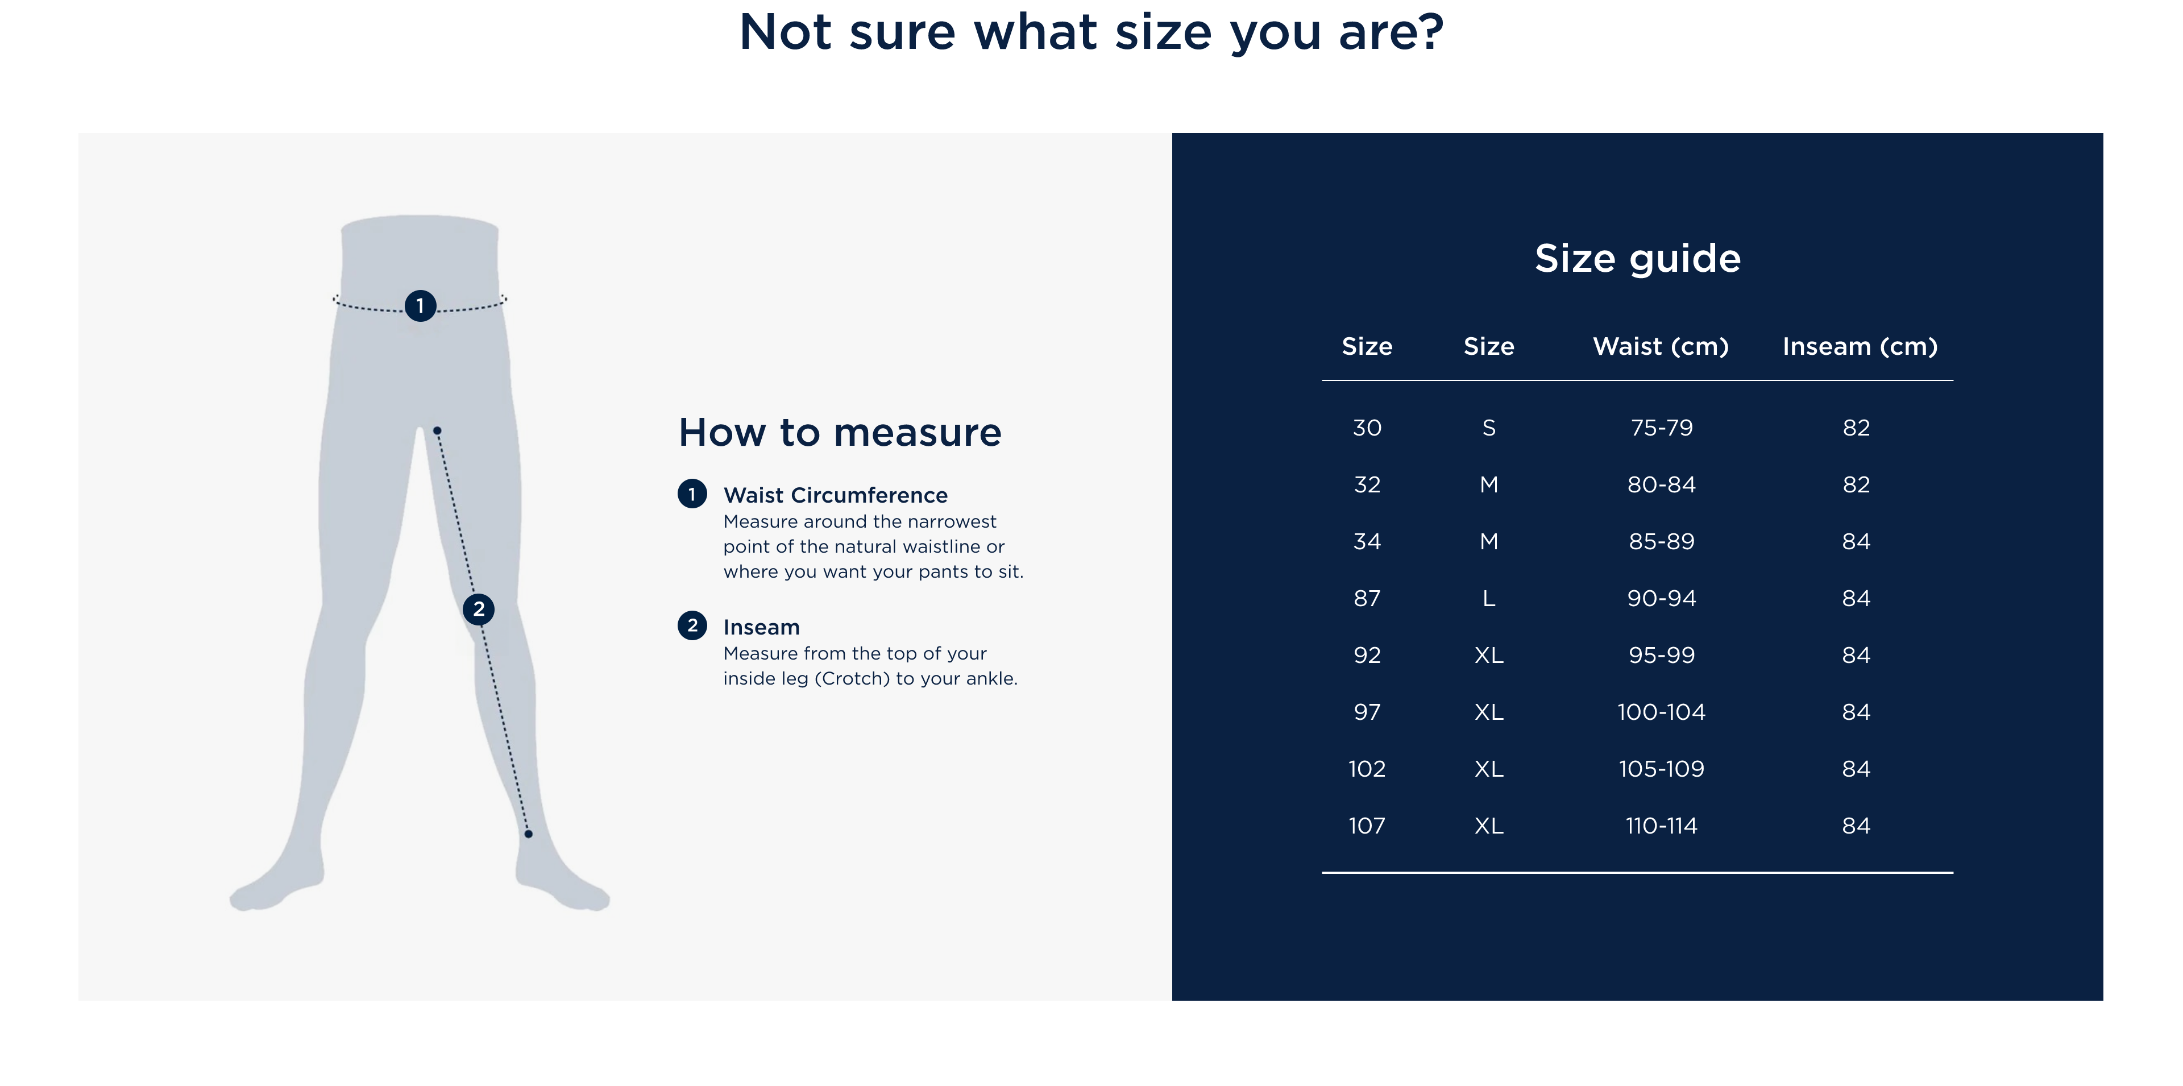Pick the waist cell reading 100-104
pyautogui.click(x=1661, y=711)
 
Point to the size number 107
pyautogui.click(x=1366, y=825)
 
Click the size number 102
pyautogui.click(x=1366, y=768)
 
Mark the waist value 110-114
pyautogui.click(x=1661, y=825)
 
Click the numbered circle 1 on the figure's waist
pyautogui.click(x=420, y=305)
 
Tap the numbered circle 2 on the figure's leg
pyautogui.click(x=479, y=609)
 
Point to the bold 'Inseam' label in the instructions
pyautogui.click(x=761, y=627)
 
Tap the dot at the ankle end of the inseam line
pyautogui.click(x=528, y=834)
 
